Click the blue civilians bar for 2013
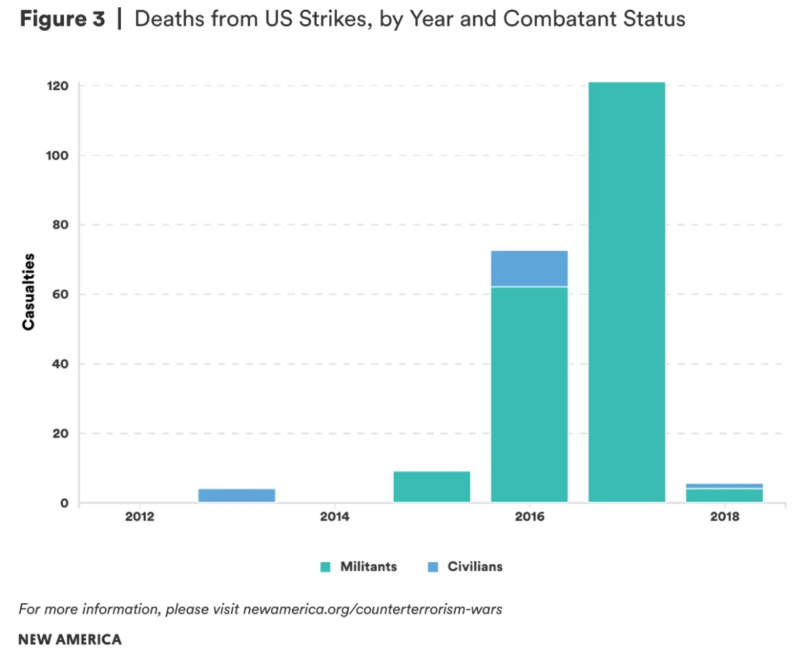pos(236,495)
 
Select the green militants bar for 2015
pos(432,486)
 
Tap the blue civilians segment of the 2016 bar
pos(529,268)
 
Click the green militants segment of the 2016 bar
pos(529,394)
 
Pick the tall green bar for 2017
pos(626,292)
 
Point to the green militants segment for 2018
pos(724,496)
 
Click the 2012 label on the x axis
pos(140,516)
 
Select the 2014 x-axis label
pos(334,516)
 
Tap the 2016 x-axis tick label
pos(529,516)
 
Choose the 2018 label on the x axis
pos(724,516)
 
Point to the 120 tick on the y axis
pos(57,86)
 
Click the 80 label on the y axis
pos(61,225)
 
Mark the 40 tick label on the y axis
pos(61,364)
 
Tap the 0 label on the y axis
pos(64,503)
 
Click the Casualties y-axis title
pos(29,292)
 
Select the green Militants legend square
pos(325,567)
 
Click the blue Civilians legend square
pos(432,567)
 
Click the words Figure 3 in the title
pos(62,19)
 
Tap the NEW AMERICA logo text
pos(70,639)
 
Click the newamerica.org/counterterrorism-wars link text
pos(372,609)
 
